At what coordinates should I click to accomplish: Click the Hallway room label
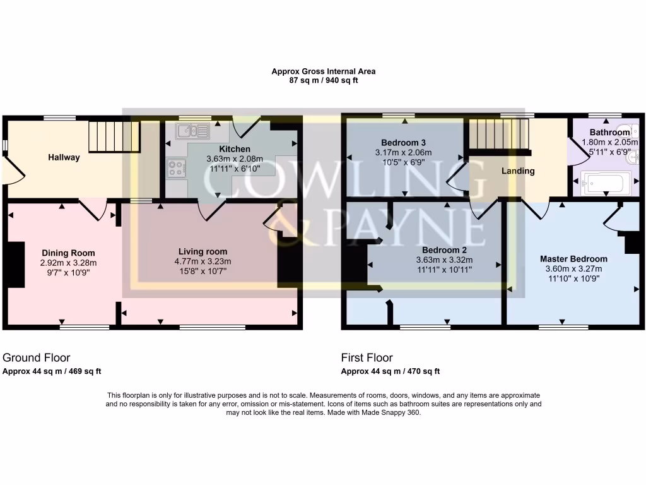coord(64,158)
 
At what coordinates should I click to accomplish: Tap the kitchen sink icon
coord(194,131)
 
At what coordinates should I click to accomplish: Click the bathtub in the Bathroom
coord(604,184)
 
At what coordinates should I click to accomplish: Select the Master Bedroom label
coord(573,259)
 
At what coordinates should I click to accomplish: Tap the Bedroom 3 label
coord(403,141)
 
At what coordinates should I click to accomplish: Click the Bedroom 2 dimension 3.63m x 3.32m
coord(444,260)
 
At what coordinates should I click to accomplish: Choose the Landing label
coord(518,171)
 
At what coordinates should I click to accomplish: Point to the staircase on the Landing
coord(498,133)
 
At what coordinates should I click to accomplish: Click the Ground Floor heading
coord(37,357)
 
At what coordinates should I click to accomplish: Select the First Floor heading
coord(367,357)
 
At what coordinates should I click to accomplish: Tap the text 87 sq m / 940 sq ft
coord(323,81)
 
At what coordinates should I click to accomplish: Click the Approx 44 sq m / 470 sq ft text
coord(390,371)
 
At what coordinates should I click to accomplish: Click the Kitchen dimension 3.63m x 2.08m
coord(234,159)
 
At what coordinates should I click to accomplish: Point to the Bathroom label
coord(609,133)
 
